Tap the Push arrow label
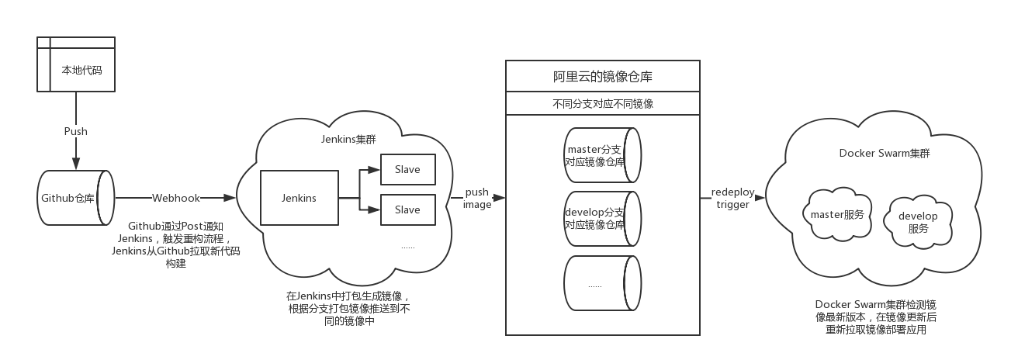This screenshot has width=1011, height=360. click(x=76, y=131)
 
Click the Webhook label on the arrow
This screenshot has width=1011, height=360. click(x=176, y=198)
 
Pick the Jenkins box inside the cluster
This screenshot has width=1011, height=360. click(x=299, y=198)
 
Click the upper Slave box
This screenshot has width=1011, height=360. click(x=407, y=170)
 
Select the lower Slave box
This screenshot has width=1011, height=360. click(x=407, y=209)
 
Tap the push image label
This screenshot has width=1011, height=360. click(x=477, y=198)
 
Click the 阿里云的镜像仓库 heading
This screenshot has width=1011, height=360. click(x=602, y=77)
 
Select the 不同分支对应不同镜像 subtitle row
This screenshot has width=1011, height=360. click(x=602, y=104)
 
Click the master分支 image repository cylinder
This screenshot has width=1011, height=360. click(x=602, y=155)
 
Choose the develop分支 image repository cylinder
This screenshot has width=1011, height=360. click(x=602, y=218)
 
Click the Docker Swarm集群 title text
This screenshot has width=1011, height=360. click(x=885, y=153)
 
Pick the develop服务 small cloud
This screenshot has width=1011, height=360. click(x=918, y=222)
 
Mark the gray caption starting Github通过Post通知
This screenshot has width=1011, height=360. click(x=175, y=244)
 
